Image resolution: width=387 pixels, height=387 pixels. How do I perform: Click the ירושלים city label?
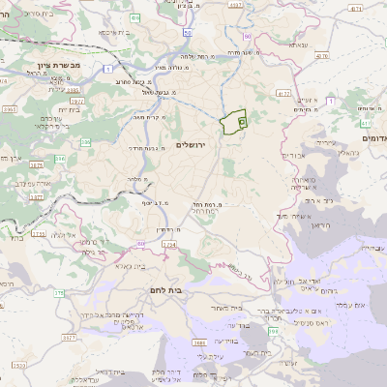[195, 144]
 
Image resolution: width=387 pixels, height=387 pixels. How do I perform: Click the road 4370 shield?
[321, 57]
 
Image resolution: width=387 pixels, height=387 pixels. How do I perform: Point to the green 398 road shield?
[273, 331]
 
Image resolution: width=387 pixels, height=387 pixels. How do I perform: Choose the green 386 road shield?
[85, 142]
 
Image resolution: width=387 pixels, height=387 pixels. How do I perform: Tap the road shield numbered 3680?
[200, 342]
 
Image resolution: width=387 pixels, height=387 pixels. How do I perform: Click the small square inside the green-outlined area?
[241, 122]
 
